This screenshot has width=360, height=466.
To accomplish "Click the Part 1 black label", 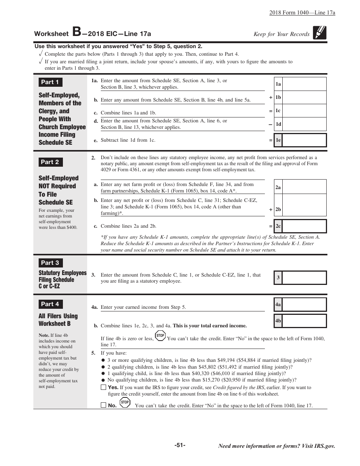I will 50,82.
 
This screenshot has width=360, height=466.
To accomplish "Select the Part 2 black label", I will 50,162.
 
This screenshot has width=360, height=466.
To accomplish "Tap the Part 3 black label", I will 50,263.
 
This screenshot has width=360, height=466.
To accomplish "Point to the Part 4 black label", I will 50,304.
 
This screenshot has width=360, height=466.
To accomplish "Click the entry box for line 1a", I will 304,84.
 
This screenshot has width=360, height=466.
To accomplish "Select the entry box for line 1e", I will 304,140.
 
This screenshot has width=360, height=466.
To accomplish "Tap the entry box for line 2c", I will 304,226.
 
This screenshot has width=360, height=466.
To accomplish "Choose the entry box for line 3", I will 304,278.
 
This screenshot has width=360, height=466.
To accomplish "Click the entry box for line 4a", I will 304,305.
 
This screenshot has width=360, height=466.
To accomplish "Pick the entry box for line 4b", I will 304,321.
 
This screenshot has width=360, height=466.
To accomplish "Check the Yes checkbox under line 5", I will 103,387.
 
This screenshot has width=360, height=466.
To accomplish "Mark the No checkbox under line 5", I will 103,405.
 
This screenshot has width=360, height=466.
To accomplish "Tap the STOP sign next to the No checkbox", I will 125,402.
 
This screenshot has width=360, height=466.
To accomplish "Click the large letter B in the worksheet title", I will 76,32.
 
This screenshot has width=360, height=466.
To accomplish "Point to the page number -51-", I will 180,445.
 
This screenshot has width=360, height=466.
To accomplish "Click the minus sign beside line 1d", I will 271,124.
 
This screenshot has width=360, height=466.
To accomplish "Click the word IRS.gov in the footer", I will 324,446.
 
